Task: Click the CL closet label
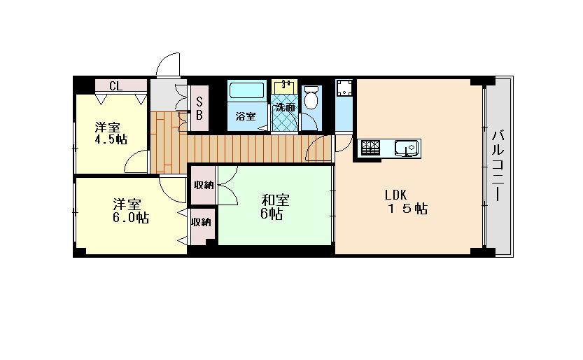click(x=115, y=86)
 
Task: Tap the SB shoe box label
click(x=199, y=108)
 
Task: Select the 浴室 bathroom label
click(x=246, y=116)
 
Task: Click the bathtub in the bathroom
click(x=247, y=90)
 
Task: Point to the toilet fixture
click(x=311, y=97)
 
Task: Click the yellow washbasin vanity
click(x=285, y=87)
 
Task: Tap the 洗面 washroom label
click(x=285, y=107)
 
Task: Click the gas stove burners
click(x=370, y=148)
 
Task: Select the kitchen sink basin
click(x=407, y=148)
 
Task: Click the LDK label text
click(x=395, y=195)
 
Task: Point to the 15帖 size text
click(x=407, y=209)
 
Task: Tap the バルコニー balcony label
click(x=498, y=166)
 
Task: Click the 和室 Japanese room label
click(x=276, y=200)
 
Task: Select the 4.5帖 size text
click(x=111, y=139)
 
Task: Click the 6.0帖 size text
click(x=131, y=218)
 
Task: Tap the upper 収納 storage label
click(x=204, y=185)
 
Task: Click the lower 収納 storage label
click(x=201, y=223)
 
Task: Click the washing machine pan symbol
click(x=344, y=88)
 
